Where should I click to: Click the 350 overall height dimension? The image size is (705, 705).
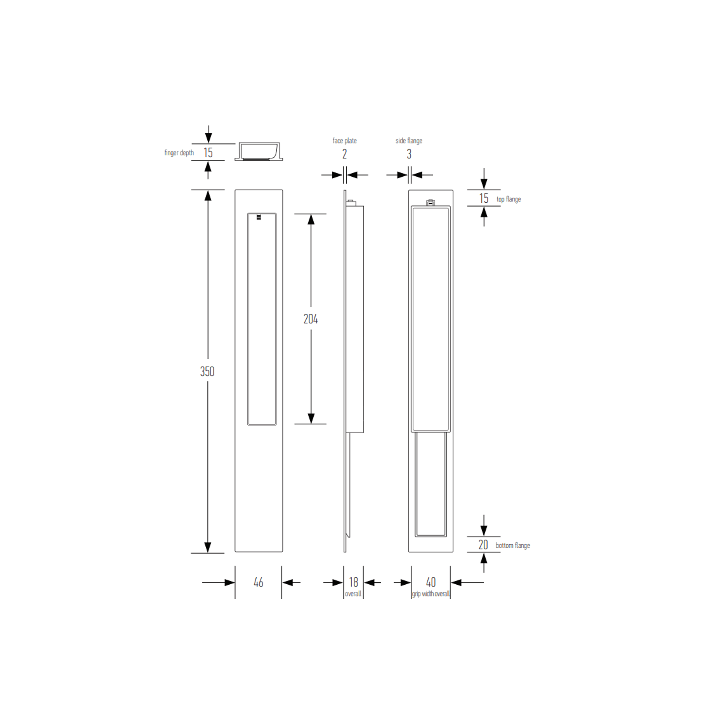pyautogui.click(x=207, y=371)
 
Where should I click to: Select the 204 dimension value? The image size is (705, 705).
pyautogui.click(x=310, y=319)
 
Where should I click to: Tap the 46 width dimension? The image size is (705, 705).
pyautogui.click(x=258, y=582)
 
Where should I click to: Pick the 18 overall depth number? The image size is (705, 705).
pyautogui.click(x=353, y=582)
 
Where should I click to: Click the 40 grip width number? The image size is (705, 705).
pyautogui.click(x=431, y=582)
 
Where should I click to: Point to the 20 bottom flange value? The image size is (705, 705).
pyautogui.click(x=483, y=545)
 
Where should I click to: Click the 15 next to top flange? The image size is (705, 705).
pyautogui.click(x=484, y=199)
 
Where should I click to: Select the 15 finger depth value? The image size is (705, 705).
pyautogui.click(x=208, y=153)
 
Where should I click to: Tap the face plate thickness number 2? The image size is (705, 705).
pyautogui.click(x=345, y=154)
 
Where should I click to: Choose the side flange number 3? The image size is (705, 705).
pyautogui.click(x=409, y=154)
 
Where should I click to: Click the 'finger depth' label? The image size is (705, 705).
pyautogui.click(x=179, y=153)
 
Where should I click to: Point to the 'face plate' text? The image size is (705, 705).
pyautogui.click(x=345, y=141)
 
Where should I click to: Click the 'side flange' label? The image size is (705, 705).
pyautogui.click(x=409, y=141)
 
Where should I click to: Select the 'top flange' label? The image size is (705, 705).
pyautogui.click(x=509, y=199)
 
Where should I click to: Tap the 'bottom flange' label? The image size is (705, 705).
pyautogui.click(x=513, y=546)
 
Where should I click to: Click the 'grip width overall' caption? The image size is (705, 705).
pyautogui.click(x=431, y=594)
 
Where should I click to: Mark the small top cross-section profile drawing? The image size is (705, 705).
pyautogui.click(x=259, y=151)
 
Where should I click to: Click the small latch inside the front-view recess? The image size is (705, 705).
pyautogui.click(x=259, y=217)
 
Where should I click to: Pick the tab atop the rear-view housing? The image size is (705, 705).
pyautogui.click(x=430, y=203)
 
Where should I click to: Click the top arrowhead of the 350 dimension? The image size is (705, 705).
pyautogui.click(x=208, y=196)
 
